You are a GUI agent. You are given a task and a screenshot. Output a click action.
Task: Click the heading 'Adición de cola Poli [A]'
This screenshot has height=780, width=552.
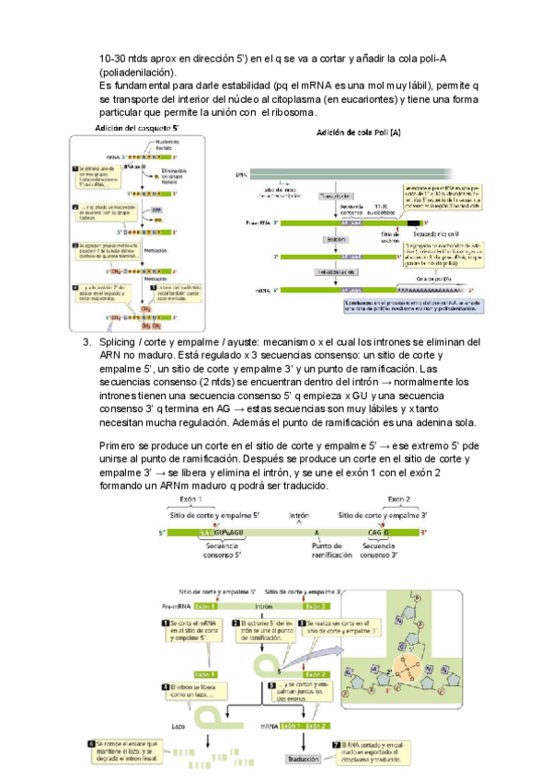click(359, 133)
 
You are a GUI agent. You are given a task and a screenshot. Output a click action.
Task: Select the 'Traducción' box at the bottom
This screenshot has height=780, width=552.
click(303, 759)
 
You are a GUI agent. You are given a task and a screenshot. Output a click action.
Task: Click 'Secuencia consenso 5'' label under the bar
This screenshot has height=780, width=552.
click(222, 551)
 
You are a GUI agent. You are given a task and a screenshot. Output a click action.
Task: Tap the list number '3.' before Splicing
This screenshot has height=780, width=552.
click(87, 341)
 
